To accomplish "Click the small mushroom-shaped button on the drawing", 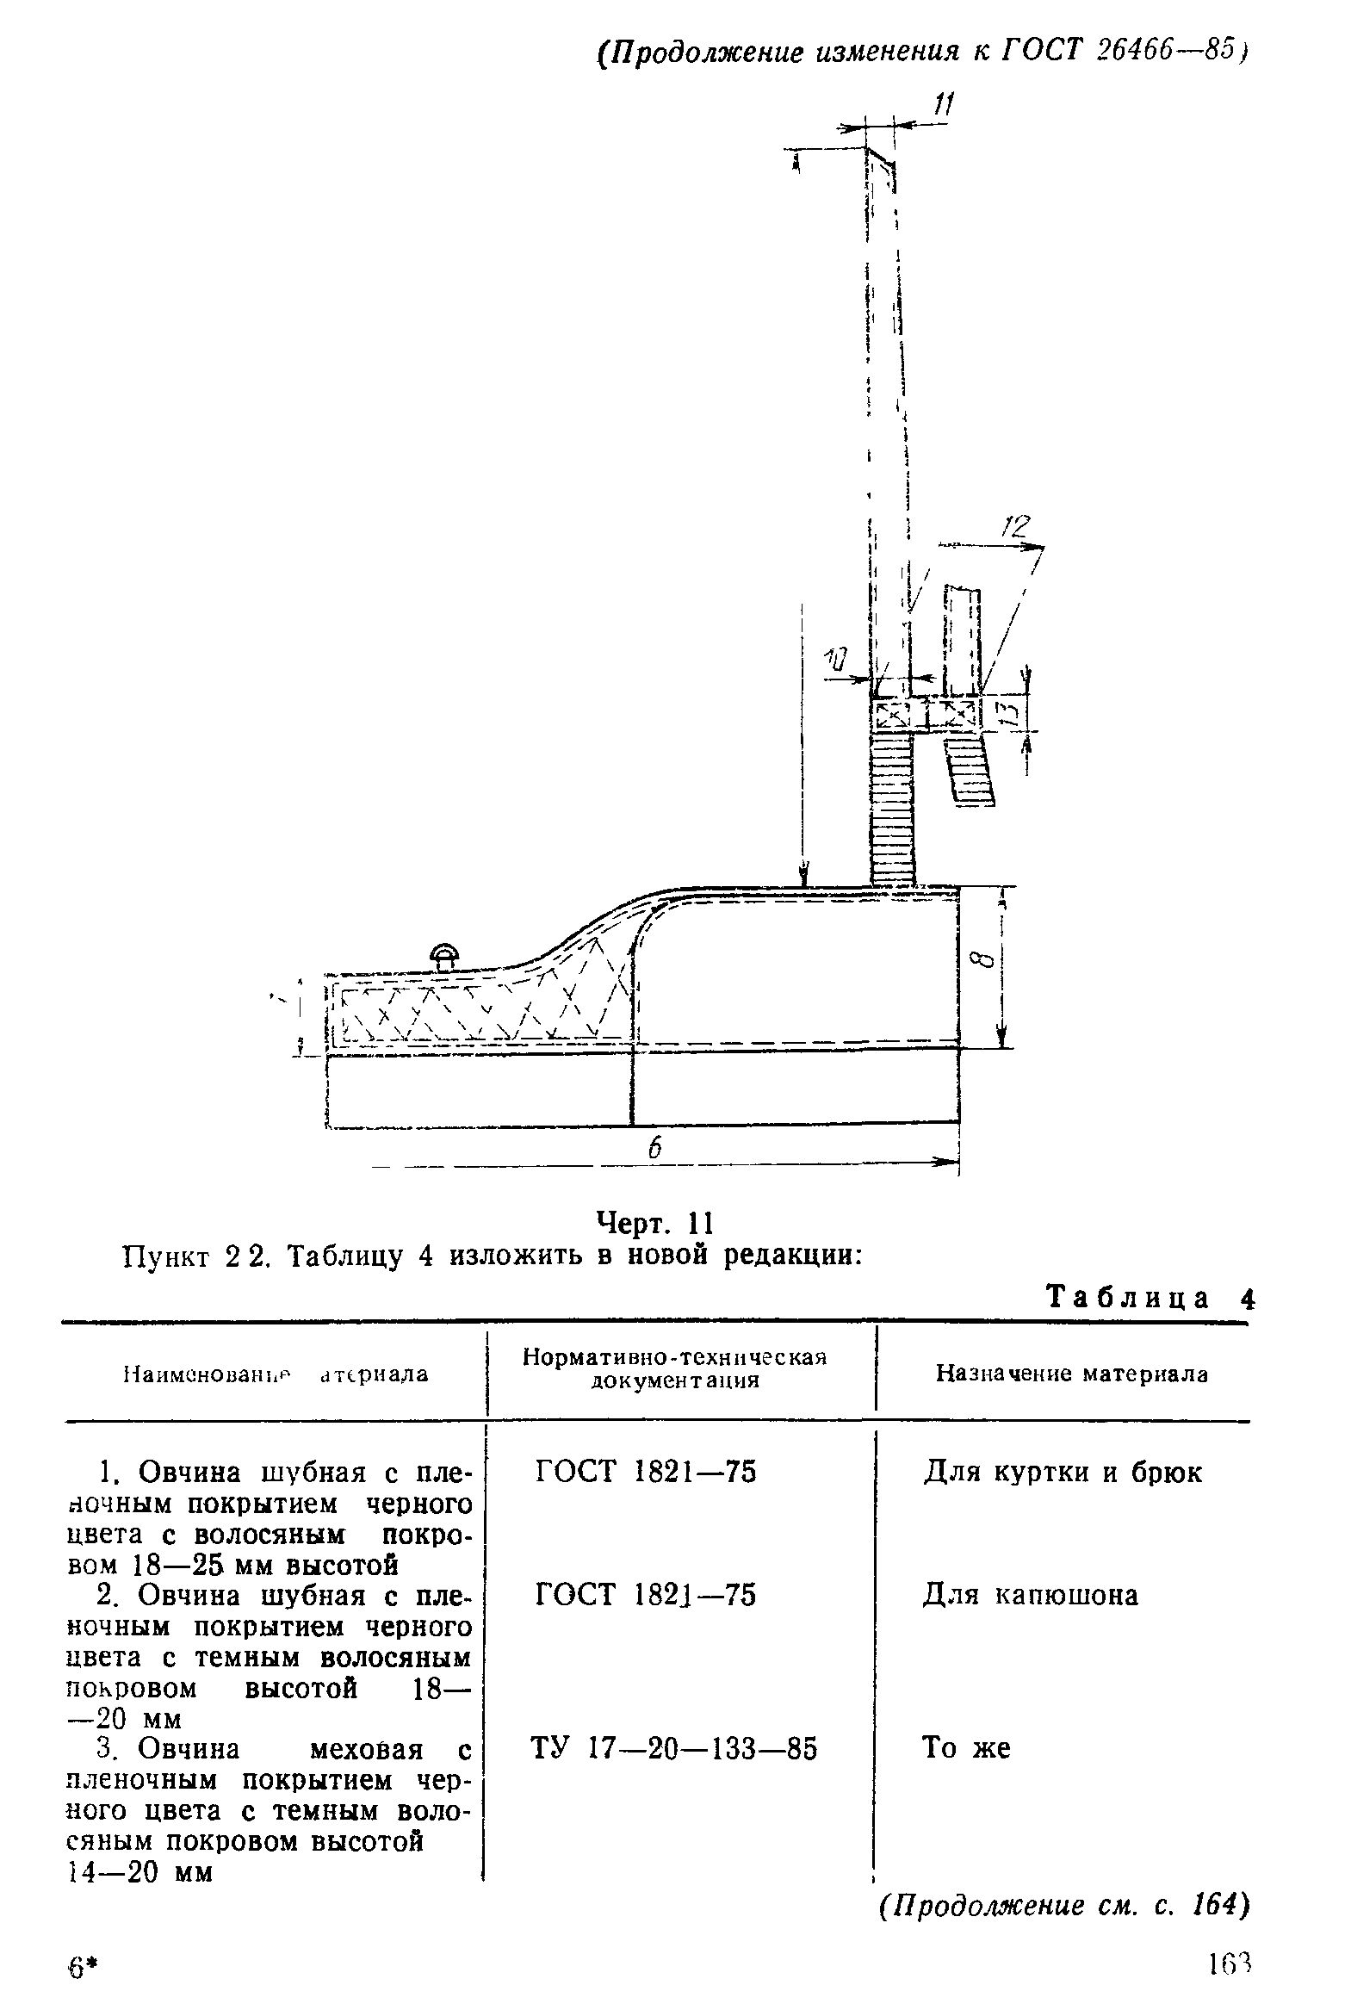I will tap(444, 954).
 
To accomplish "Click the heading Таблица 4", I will tap(1150, 1299).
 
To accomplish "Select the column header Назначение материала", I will tap(1072, 1374).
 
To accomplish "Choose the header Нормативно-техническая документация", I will tap(674, 1369).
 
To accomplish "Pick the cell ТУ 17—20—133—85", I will tap(673, 1748).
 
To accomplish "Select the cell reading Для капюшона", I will tap(1031, 1596).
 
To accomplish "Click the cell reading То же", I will tap(966, 1748).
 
